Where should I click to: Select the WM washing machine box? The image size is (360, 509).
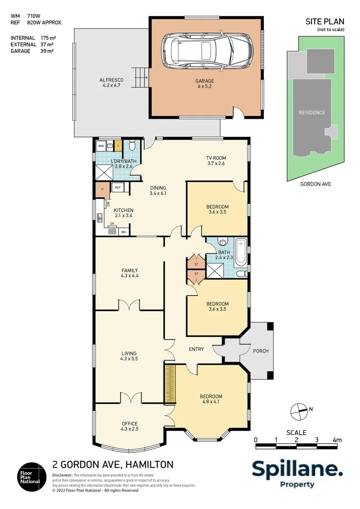(x=101, y=146)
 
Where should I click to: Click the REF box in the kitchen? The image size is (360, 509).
(x=117, y=188)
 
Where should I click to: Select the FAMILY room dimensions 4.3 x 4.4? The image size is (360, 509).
(x=130, y=276)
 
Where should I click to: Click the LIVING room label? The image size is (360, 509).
(x=129, y=353)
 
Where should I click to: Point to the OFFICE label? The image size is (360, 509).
(x=129, y=423)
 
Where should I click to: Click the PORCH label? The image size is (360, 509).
(x=261, y=351)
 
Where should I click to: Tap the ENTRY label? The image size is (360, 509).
(x=196, y=349)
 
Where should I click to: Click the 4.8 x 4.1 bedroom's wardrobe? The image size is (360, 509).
(x=170, y=383)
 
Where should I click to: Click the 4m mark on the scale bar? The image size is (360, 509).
(x=336, y=440)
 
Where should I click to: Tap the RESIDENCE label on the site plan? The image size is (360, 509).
(x=311, y=113)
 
